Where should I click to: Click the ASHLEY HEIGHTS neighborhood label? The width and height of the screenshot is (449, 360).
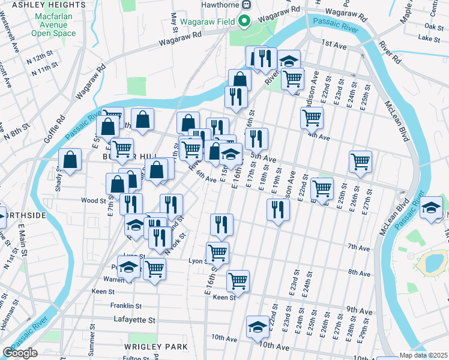tap(40, 5)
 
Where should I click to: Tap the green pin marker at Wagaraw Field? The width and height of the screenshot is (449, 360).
tap(244, 22)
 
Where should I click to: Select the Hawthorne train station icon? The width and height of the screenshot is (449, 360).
tap(246, 4)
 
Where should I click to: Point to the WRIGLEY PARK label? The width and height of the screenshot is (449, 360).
tap(156, 347)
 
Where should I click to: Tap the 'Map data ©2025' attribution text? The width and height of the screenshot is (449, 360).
tap(423, 355)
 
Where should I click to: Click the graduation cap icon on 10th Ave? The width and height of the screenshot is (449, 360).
tap(258, 326)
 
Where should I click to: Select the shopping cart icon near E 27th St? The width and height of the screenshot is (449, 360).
tap(360, 161)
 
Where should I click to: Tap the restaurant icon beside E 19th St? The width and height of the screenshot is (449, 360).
tap(277, 209)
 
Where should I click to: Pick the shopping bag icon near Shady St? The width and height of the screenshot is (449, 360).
tap(70, 160)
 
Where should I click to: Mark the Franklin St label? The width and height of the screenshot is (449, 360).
tap(126, 305)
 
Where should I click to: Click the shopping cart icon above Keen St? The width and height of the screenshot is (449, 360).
tap(238, 280)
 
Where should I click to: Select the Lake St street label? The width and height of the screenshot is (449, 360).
tap(430, 38)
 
